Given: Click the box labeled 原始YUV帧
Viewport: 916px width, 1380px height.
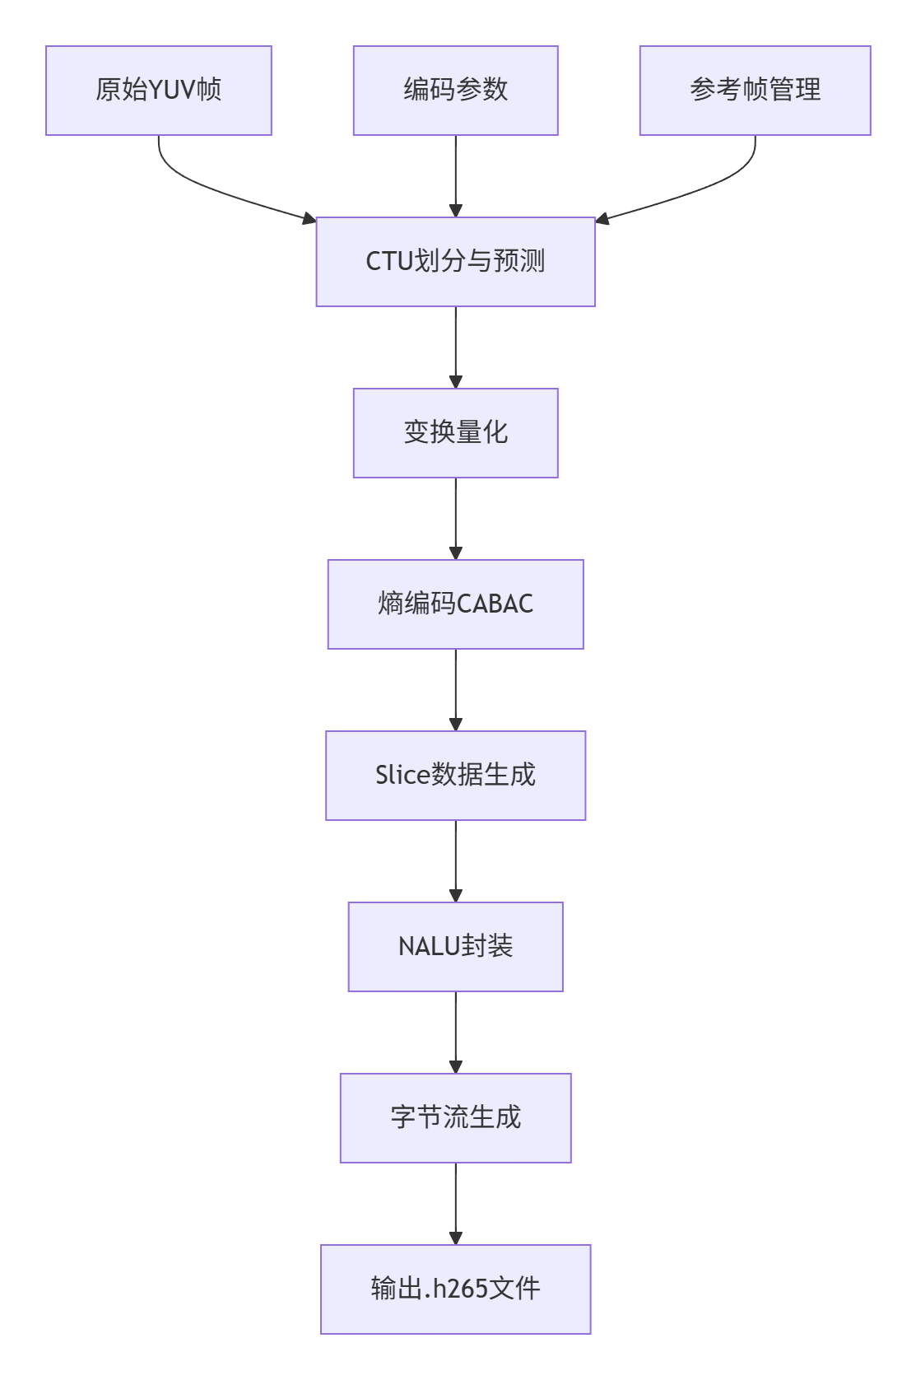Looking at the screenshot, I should pyautogui.click(x=158, y=91).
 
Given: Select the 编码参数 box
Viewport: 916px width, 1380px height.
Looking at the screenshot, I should pyautogui.click(x=455, y=91).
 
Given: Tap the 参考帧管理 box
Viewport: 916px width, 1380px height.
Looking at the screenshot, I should pyautogui.click(x=755, y=91).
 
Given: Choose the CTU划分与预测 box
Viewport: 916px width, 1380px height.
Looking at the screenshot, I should pyautogui.click(x=455, y=262).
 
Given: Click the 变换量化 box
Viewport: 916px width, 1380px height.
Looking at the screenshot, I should pyautogui.click(x=455, y=433).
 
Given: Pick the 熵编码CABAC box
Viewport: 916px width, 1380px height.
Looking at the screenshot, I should pyautogui.click(x=455, y=604).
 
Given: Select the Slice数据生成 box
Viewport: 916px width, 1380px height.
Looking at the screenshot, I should pyautogui.click(x=455, y=776).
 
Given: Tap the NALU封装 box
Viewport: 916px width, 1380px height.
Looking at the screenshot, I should pyautogui.click(x=455, y=947).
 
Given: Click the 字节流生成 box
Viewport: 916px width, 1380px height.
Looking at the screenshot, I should pyautogui.click(x=455, y=1118).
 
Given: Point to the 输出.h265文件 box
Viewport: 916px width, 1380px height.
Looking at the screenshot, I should pyautogui.click(x=455, y=1289).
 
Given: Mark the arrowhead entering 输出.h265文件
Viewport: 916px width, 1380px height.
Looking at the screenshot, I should pyautogui.click(x=455, y=1238).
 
